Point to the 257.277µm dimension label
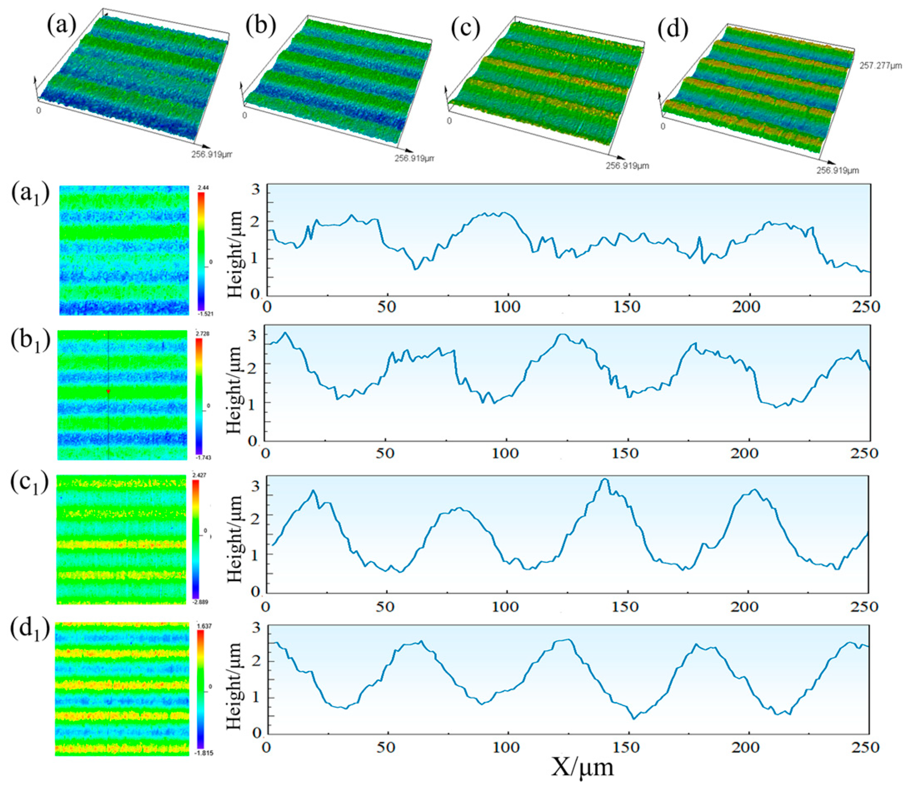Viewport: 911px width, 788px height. click(x=880, y=66)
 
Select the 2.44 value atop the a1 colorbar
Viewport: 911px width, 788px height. click(x=203, y=188)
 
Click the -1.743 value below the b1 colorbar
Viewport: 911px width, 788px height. click(x=203, y=458)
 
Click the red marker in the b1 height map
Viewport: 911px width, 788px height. click(x=108, y=391)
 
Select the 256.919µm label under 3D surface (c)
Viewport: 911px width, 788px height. click(x=627, y=166)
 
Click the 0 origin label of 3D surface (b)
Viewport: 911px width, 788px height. click(x=245, y=116)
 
